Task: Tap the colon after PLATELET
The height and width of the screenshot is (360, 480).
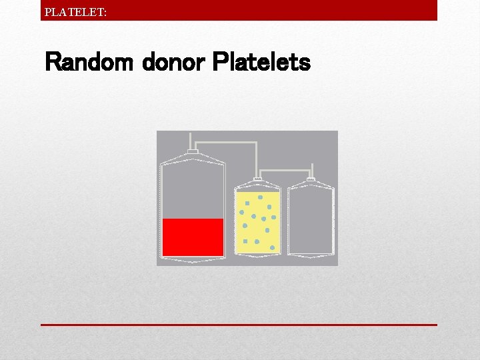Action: [x=105, y=11]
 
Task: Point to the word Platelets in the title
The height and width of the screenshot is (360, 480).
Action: [x=261, y=63]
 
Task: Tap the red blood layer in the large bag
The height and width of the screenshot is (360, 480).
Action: [x=193, y=237]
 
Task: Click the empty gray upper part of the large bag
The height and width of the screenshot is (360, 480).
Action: [x=193, y=190]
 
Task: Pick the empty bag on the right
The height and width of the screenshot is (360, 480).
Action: [x=310, y=220]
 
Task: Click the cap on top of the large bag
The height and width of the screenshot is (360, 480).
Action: [x=193, y=153]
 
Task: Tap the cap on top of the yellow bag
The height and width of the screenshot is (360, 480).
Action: [x=258, y=179]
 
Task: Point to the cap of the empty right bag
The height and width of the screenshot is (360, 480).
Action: [x=310, y=179]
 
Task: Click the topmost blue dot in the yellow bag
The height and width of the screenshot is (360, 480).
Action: [x=260, y=197]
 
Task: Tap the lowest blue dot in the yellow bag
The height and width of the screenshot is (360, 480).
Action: [x=273, y=247]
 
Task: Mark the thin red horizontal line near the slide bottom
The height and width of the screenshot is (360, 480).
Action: [x=239, y=325]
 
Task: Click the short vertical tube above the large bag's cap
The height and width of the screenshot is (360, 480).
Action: [x=192, y=141]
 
